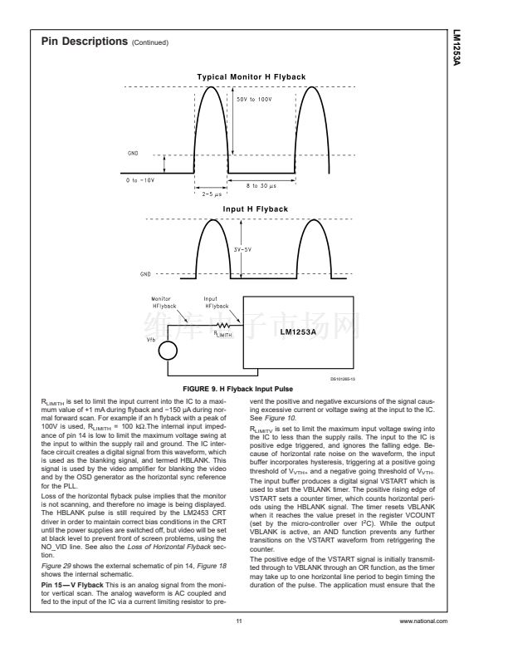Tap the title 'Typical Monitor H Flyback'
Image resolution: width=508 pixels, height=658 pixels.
click(x=251, y=76)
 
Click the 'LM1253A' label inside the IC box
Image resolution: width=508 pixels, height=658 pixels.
click(x=306, y=331)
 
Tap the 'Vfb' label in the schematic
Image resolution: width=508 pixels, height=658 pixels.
click(x=150, y=340)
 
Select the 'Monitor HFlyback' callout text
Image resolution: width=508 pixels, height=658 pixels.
click(x=161, y=301)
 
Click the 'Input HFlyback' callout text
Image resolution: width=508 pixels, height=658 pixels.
click(x=217, y=301)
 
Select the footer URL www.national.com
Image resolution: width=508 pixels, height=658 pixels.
click(x=423, y=621)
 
